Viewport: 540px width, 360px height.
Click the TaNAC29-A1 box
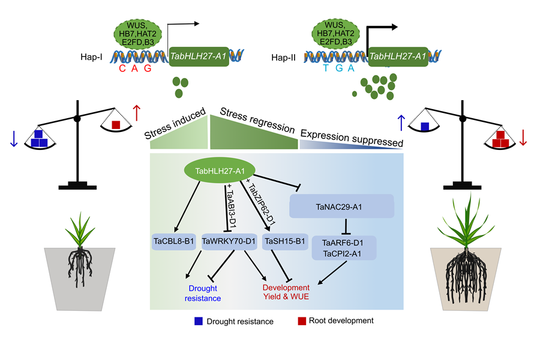[341, 206]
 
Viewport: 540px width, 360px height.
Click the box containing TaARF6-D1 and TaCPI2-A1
[344, 247]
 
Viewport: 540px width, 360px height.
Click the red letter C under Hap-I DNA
[122, 70]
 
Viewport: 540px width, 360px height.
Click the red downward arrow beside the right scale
[523, 137]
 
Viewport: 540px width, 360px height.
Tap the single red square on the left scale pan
[116, 125]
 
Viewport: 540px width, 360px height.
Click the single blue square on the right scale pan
[424, 126]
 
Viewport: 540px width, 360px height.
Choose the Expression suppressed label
[350, 137]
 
